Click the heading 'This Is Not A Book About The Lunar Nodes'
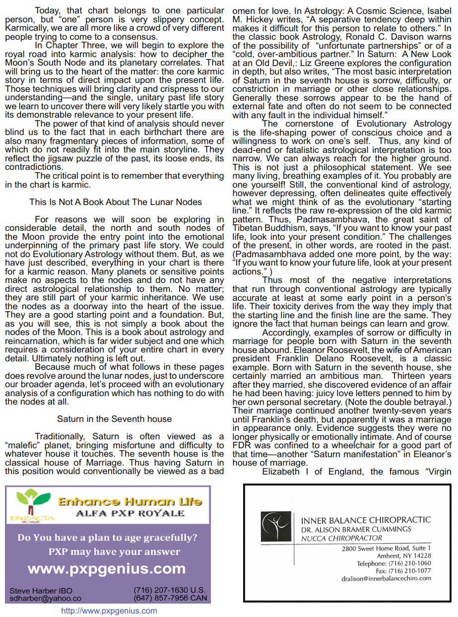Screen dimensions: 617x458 (116, 202)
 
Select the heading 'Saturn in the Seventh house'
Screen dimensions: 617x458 (115, 419)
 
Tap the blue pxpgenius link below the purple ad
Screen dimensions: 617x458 (109, 611)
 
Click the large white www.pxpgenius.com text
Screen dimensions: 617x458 (107, 568)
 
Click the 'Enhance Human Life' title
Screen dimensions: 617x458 (130, 501)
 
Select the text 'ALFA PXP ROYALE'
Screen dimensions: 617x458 (130, 513)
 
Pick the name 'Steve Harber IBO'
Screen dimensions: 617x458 (41, 591)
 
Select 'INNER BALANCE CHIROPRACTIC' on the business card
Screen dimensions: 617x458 (366, 520)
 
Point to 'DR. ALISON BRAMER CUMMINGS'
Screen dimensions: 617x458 (349, 530)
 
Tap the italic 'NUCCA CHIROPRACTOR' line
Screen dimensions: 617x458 (342, 538)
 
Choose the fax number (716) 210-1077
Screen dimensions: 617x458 (401, 571)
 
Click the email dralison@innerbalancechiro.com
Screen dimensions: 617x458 (387, 578)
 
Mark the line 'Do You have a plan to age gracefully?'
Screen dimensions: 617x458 (107, 538)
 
